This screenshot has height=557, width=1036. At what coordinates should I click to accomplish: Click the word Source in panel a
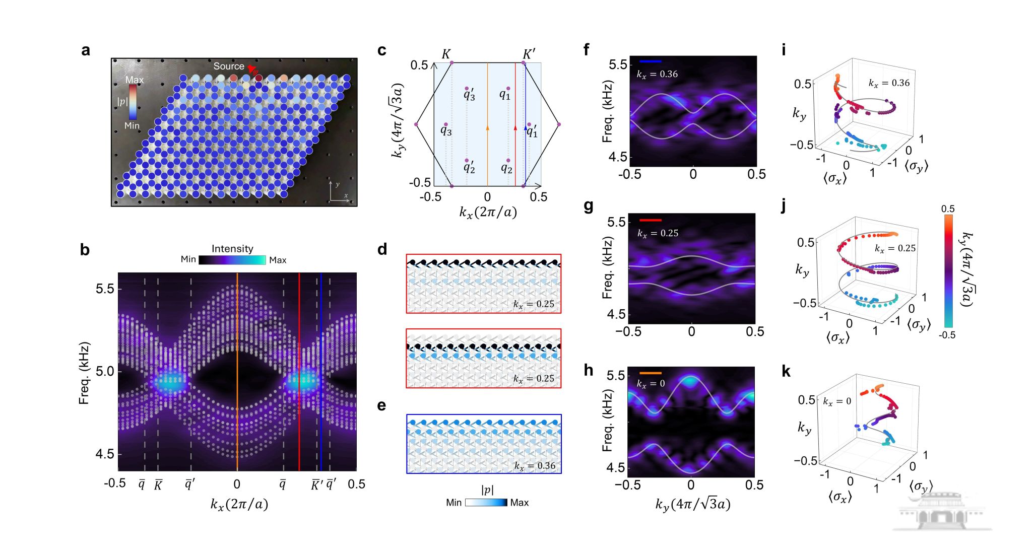click(x=228, y=66)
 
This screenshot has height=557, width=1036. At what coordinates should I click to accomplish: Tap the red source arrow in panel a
click(x=251, y=69)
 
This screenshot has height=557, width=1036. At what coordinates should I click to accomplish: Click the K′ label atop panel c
click(x=529, y=54)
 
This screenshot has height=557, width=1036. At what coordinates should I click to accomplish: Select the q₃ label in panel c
click(x=446, y=131)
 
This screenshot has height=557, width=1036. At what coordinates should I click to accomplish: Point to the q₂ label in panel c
click(x=506, y=168)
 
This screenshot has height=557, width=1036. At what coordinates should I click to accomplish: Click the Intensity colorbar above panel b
click(x=232, y=260)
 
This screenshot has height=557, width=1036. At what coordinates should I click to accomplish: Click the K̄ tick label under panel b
click(x=158, y=485)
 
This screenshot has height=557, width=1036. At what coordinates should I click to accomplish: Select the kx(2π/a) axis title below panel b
click(x=239, y=504)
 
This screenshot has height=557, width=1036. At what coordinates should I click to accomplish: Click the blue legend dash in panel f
click(x=650, y=61)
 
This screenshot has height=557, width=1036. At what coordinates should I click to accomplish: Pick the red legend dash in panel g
click(x=650, y=220)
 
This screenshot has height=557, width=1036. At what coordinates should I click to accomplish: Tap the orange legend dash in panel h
click(x=650, y=373)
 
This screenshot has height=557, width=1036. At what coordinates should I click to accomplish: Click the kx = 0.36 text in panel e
click(x=535, y=466)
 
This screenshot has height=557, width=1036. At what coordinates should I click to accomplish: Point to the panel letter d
click(x=382, y=249)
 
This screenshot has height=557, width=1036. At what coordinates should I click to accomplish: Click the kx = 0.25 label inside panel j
click(x=895, y=248)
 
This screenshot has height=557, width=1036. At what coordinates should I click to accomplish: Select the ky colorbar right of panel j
click(x=948, y=272)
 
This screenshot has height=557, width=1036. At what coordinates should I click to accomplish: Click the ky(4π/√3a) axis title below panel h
click(x=692, y=504)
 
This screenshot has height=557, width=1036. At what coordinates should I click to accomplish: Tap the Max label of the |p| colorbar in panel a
click(x=135, y=80)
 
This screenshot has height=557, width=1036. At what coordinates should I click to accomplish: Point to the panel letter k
click(x=786, y=372)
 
